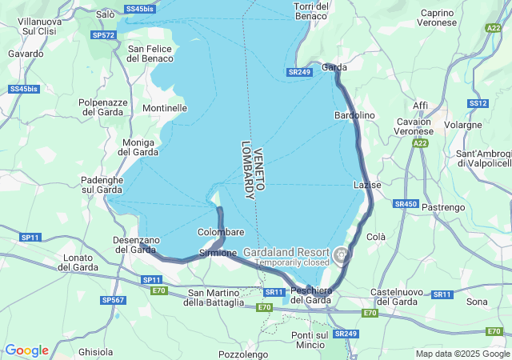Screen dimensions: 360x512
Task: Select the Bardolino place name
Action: (x=354, y=115)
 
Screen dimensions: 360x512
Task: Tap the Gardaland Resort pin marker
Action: (x=342, y=256)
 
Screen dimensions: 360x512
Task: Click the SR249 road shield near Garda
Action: (x=298, y=72)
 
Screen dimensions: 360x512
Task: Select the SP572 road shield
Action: (x=103, y=35)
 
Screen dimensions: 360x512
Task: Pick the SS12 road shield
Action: (x=478, y=103)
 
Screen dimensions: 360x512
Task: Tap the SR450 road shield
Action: (x=406, y=204)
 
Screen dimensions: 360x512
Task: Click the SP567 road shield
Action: (x=113, y=299)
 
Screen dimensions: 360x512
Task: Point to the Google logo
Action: (x=26, y=350)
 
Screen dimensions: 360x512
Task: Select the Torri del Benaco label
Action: (x=311, y=11)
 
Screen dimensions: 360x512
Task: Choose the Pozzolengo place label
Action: (x=242, y=352)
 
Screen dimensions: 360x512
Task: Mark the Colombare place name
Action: (x=222, y=232)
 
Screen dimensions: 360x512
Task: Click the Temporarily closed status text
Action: (x=292, y=262)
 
